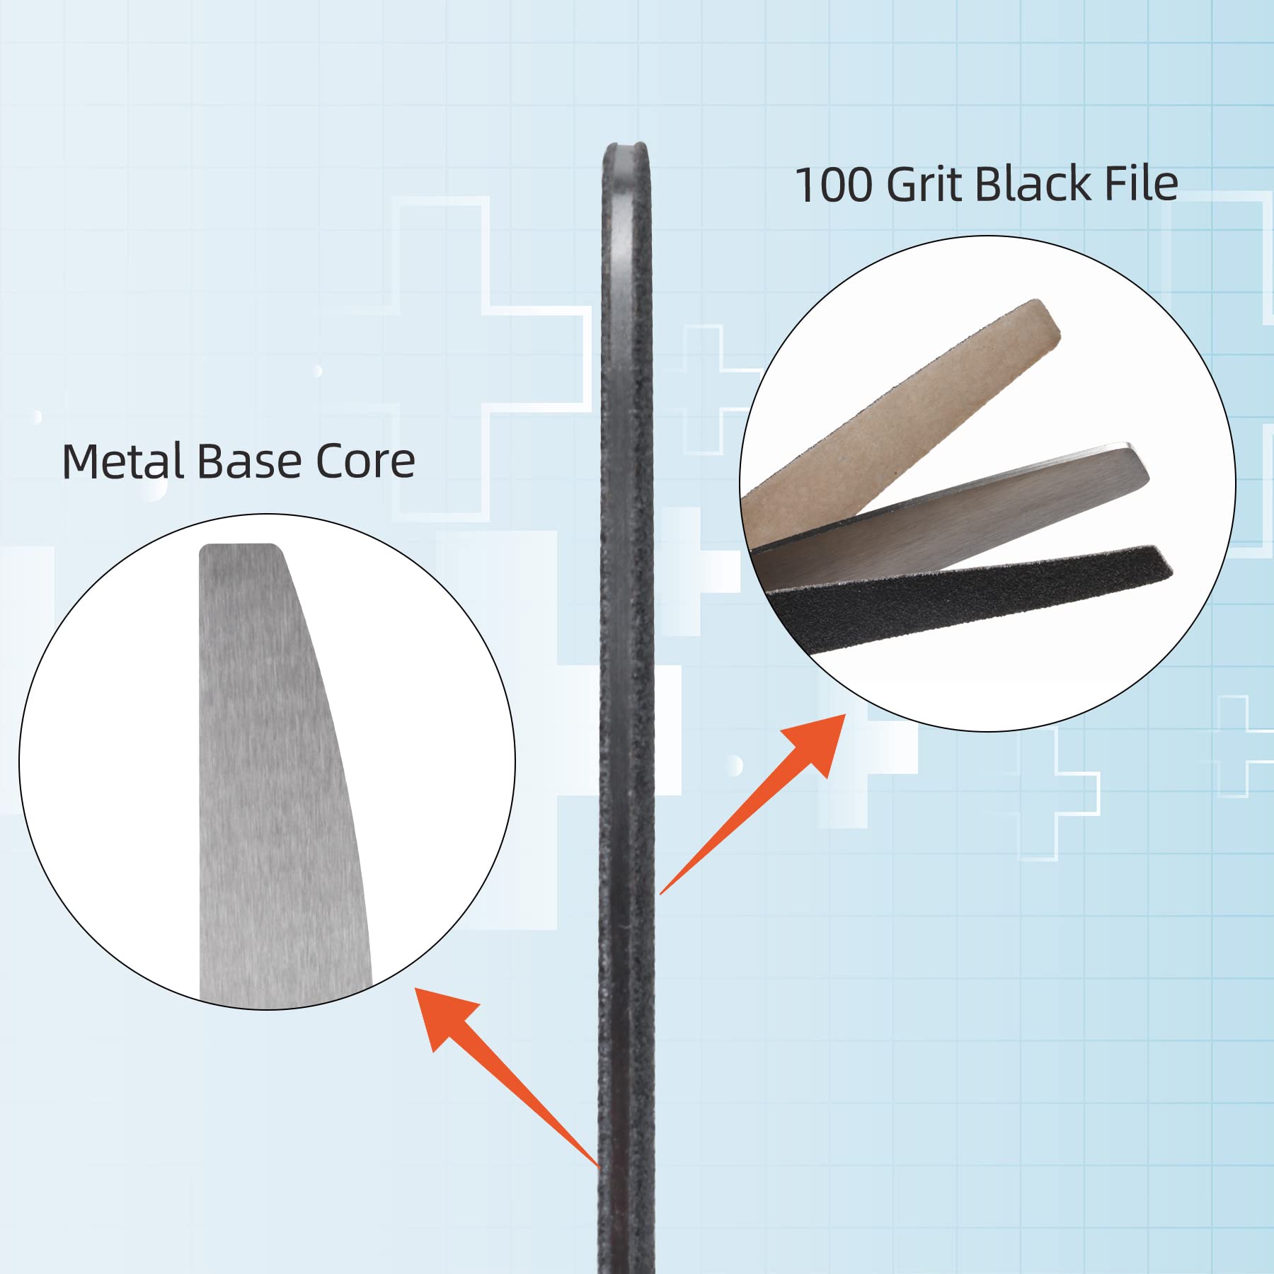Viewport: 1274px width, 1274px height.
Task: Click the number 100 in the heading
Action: [834, 185]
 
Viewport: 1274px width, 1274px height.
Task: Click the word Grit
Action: [925, 185]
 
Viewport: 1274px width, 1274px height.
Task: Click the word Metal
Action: [122, 461]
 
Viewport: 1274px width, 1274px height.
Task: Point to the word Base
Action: [249, 461]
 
